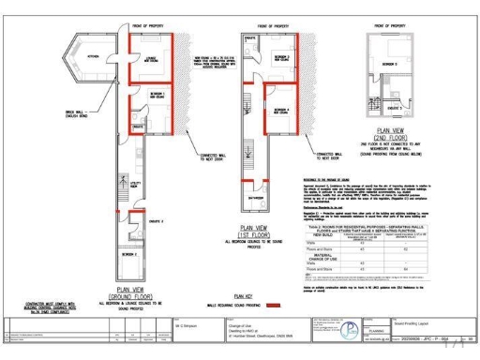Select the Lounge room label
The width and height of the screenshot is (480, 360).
pos(149,59)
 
